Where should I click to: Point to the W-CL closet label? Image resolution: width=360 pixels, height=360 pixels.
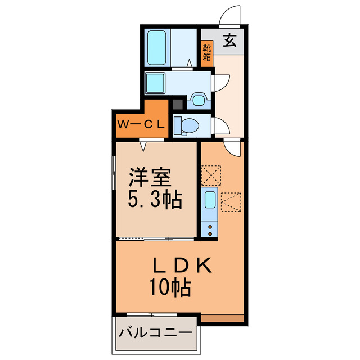click(x=141, y=123)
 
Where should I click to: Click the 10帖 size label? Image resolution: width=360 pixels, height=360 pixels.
click(x=169, y=288)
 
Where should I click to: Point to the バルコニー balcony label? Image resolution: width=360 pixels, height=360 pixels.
click(x=155, y=332)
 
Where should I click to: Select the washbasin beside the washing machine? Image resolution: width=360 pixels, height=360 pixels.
click(x=198, y=100)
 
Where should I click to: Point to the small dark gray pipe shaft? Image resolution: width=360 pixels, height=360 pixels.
click(x=177, y=104)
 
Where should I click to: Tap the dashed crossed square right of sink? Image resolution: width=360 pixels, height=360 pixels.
click(x=231, y=201)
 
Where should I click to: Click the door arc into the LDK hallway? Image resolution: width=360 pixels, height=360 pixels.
click(x=232, y=149)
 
